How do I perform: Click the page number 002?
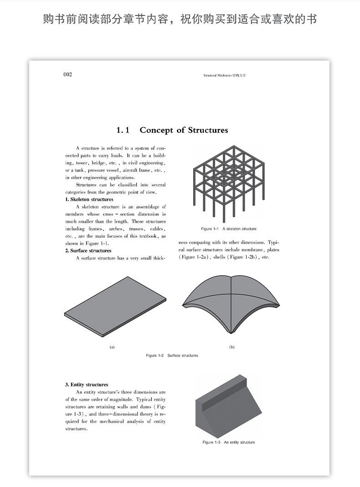[67, 75]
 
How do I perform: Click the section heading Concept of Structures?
[183, 130]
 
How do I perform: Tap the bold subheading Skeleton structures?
[89, 200]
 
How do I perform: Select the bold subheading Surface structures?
[88, 251]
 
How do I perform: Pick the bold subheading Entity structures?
[87, 384]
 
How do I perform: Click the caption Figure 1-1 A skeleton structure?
[229, 229]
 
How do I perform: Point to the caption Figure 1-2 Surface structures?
[172, 355]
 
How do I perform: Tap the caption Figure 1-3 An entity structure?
[229, 442]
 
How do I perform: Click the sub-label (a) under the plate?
[112, 347]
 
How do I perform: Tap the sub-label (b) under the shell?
[231, 347]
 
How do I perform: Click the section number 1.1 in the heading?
[123, 130]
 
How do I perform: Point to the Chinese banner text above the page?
[180, 20]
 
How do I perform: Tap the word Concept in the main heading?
[157, 130]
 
